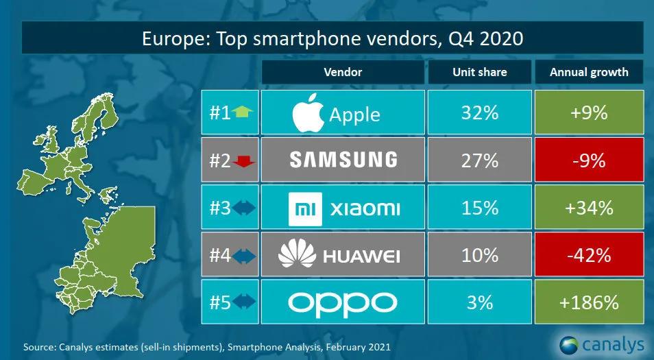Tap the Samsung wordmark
(x=343, y=159)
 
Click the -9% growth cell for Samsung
(x=590, y=160)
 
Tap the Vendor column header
(x=343, y=72)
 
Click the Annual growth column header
(x=590, y=72)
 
